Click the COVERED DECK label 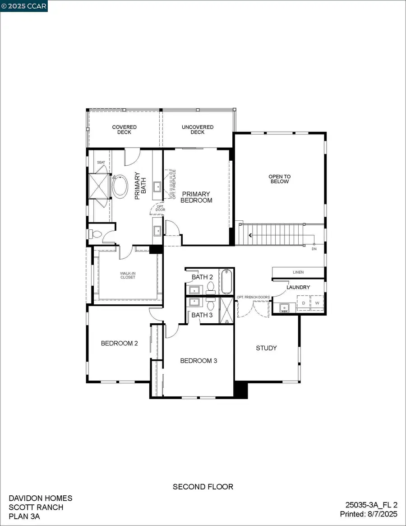point(124,130)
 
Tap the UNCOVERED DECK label point(197,130)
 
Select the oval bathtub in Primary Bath point(120,187)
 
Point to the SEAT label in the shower point(101,162)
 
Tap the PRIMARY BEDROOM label point(196,197)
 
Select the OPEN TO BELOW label point(279,179)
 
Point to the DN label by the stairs point(314,249)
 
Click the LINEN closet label point(298,272)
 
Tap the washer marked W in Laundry point(317,303)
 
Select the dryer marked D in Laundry point(304,303)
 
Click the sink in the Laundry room point(284,307)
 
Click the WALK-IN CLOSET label point(128,275)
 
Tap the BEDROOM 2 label point(119,343)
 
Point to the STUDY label point(266,348)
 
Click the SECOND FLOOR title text point(203,487)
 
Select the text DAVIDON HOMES point(41,498)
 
